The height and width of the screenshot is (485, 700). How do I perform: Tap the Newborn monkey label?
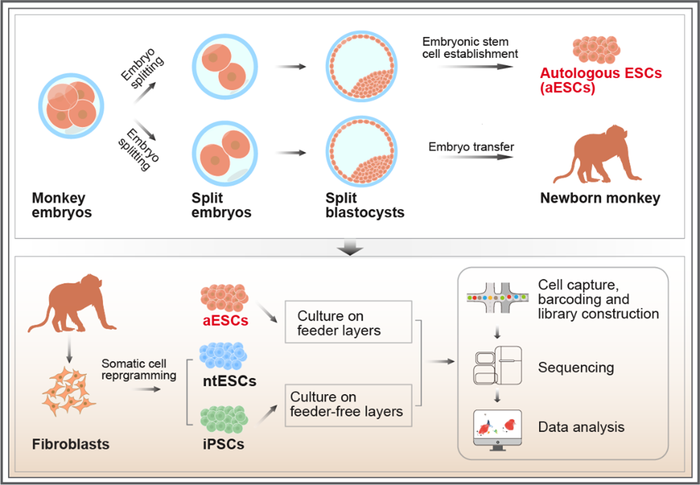(600, 198)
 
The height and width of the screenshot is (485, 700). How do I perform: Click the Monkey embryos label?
(59, 205)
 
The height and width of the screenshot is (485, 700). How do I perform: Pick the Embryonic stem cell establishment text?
(470, 47)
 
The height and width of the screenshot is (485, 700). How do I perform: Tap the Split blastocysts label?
(366, 205)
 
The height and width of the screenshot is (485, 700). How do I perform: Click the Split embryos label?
(222, 205)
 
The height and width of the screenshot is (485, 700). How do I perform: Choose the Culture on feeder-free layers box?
(346, 404)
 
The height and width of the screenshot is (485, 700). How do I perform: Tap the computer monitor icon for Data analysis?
(499, 428)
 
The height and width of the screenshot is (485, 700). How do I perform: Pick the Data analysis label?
(581, 427)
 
